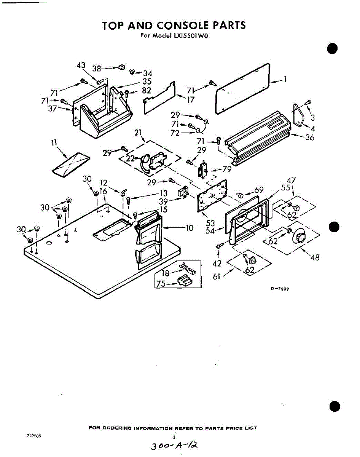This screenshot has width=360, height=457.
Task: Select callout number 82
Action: pyautogui.click(x=146, y=91)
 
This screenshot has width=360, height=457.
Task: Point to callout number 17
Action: pyautogui.click(x=190, y=100)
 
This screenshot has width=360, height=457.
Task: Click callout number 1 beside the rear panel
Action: pyautogui.click(x=285, y=79)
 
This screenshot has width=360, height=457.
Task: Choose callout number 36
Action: pyautogui.click(x=310, y=137)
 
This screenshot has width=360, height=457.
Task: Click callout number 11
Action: pyautogui.click(x=54, y=143)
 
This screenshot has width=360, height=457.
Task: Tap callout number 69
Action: pyautogui.click(x=259, y=190)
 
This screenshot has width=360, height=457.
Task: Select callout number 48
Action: pyautogui.click(x=315, y=257)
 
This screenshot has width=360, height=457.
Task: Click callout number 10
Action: pyautogui.click(x=189, y=228)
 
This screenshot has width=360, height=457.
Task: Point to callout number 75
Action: pyautogui.click(x=161, y=284)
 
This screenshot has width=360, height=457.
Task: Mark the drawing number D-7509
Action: pyautogui.click(x=280, y=289)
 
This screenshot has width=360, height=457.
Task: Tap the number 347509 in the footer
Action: pyautogui.click(x=33, y=436)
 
